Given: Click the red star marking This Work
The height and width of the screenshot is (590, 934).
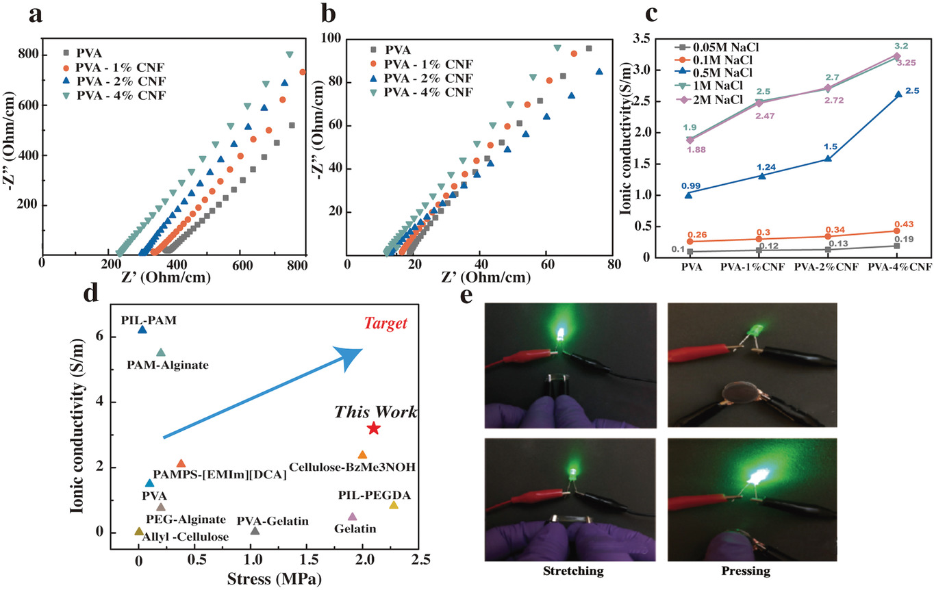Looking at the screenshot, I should coord(373,428).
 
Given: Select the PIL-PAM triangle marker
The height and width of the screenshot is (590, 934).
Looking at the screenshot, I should coord(142,330).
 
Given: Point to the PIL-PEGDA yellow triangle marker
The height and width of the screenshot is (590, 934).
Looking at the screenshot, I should coord(393,505).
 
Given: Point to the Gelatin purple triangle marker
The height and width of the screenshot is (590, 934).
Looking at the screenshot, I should coord(353,517).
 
